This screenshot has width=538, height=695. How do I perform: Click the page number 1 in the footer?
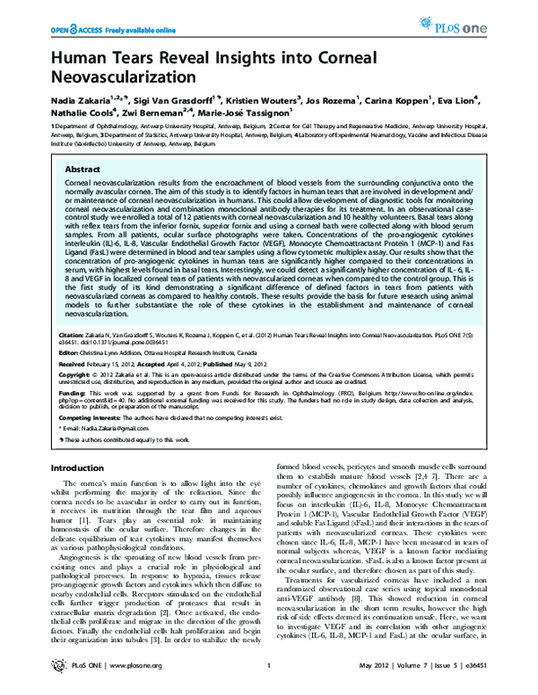click(x=269, y=680)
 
